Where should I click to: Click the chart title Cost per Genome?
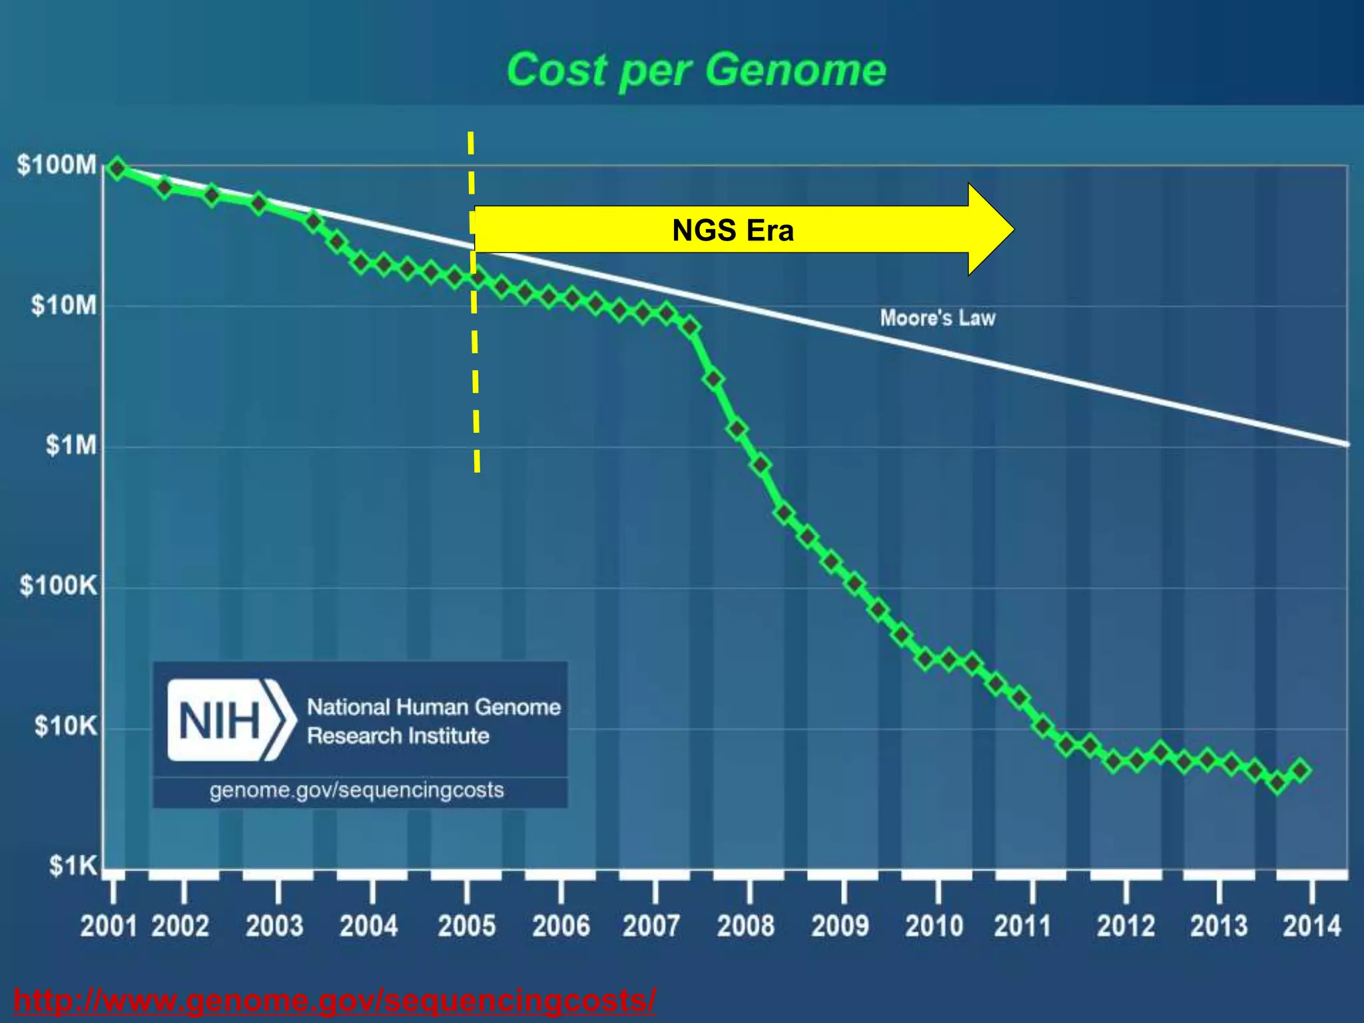pyautogui.click(x=696, y=70)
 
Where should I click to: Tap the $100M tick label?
pyautogui.click(x=57, y=165)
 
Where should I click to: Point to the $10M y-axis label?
pyautogui.click(x=63, y=305)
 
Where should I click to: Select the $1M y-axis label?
pyautogui.click(x=71, y=445)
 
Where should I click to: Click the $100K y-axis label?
pyautogui.click(x=59, y=585)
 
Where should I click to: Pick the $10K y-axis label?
pyautogui.click(x=65, y=725)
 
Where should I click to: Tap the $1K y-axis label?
pyautogui.click(x=73, y=865)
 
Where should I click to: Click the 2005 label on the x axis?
pyautogui.click(x=466, y=926)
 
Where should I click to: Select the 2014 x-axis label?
pyautogui.click(x=1311, y=926)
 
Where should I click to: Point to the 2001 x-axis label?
pyautogui.click(x=109, y=926)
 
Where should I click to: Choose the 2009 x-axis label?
pyautogui.click(x=840, y=926)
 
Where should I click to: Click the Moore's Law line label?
pyautogui.click(x=937, y=318)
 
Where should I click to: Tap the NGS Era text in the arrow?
pyautogui.click(x=733, y=230)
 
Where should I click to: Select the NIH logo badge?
pyautogui.click(x=230, y=720)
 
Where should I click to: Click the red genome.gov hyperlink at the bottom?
pyautogui.click(x=334, y=1000)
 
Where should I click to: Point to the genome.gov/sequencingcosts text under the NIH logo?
pyautogui.click(x=356, y=790)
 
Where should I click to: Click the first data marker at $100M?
pyautogui.click(x=117, y=169)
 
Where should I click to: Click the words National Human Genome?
pyautogui.click(x=434, y=707)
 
